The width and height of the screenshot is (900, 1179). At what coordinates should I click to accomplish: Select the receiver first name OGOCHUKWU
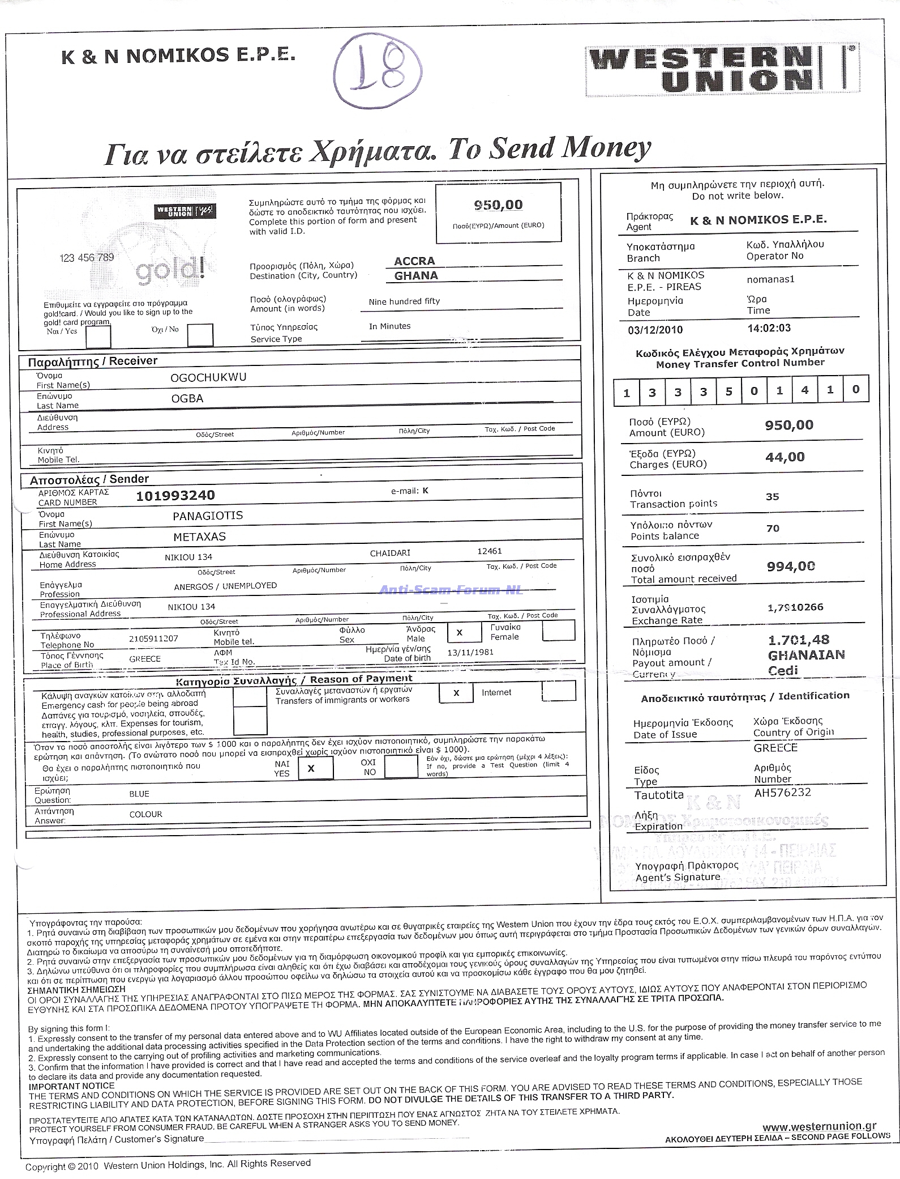tap(208, 377)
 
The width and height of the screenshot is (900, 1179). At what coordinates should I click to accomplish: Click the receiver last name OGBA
tap(187, 398)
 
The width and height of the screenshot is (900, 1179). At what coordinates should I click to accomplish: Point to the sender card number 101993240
tap(175, 495)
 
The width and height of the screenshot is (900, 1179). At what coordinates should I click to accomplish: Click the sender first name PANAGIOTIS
tap(208, 516)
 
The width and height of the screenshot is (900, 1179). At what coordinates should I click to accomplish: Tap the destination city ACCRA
tap(414, 261)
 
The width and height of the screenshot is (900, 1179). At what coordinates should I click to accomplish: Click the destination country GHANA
tap(416, 276)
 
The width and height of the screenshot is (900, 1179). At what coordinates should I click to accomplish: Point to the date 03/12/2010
tap(655, 330)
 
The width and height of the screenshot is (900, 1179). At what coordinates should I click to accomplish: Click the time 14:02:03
tap(769, 328)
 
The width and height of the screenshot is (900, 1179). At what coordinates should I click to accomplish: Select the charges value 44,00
tap(785, 457)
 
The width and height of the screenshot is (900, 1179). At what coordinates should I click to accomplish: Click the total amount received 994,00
tap(791, 566)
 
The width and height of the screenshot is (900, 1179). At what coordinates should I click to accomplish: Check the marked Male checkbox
tap(460, 632)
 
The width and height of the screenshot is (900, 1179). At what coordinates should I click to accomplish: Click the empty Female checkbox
tap(558, 631)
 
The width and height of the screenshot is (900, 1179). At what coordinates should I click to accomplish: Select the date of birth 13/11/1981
tap(470, 652)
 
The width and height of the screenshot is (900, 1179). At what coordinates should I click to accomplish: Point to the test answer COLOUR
tap(146, 814)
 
